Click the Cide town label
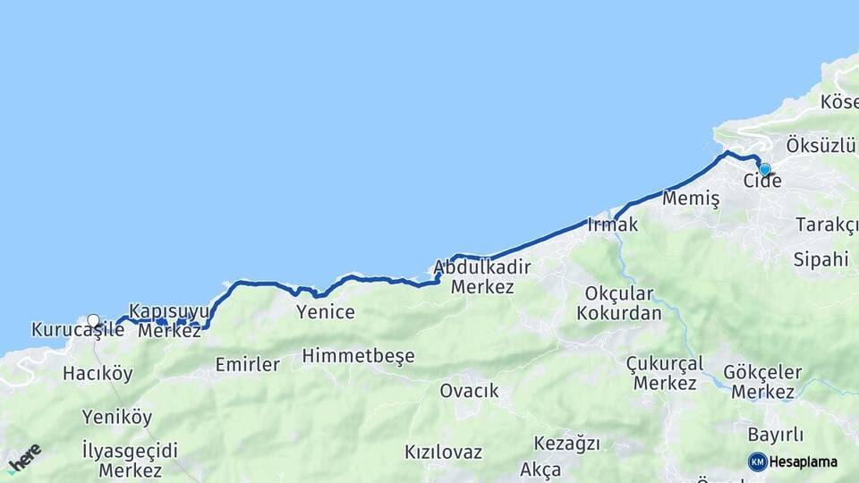[x=762, y=182]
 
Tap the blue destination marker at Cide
[x=764, y=168]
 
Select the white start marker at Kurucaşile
[x=93, y=319]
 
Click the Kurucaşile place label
[x=78, y=330]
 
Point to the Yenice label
[x=326, y=312]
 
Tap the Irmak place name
[x=613, y=225]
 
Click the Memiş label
[x=691, y=199]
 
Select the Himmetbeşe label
[x=359, y=356]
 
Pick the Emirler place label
[x=248, y=364]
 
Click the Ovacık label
[x=469, y=391]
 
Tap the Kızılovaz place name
[x=443, y=452]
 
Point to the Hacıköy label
[x=98, y=373]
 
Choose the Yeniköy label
[x=117, y=417]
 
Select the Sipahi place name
[x=821, y=259]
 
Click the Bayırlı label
[x=775, y=435]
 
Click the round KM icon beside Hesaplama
[x=758, y=462]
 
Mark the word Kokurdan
[x=619, y=313]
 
